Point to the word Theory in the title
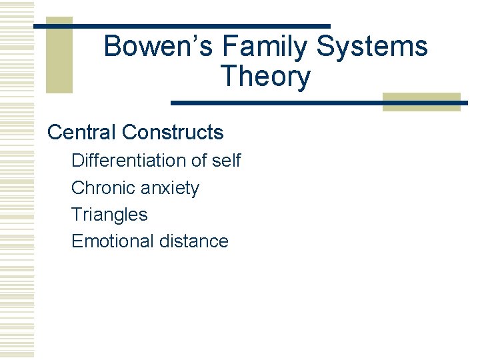pyautogui.click(x=265, y=77)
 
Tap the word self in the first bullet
pyautogui.click(x=226, y=161)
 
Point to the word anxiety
pyautogui.click(x=169, y=189)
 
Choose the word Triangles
pyautogui.click(x=109, y=215)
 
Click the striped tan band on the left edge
pyautogui.click(x=17, y=180)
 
